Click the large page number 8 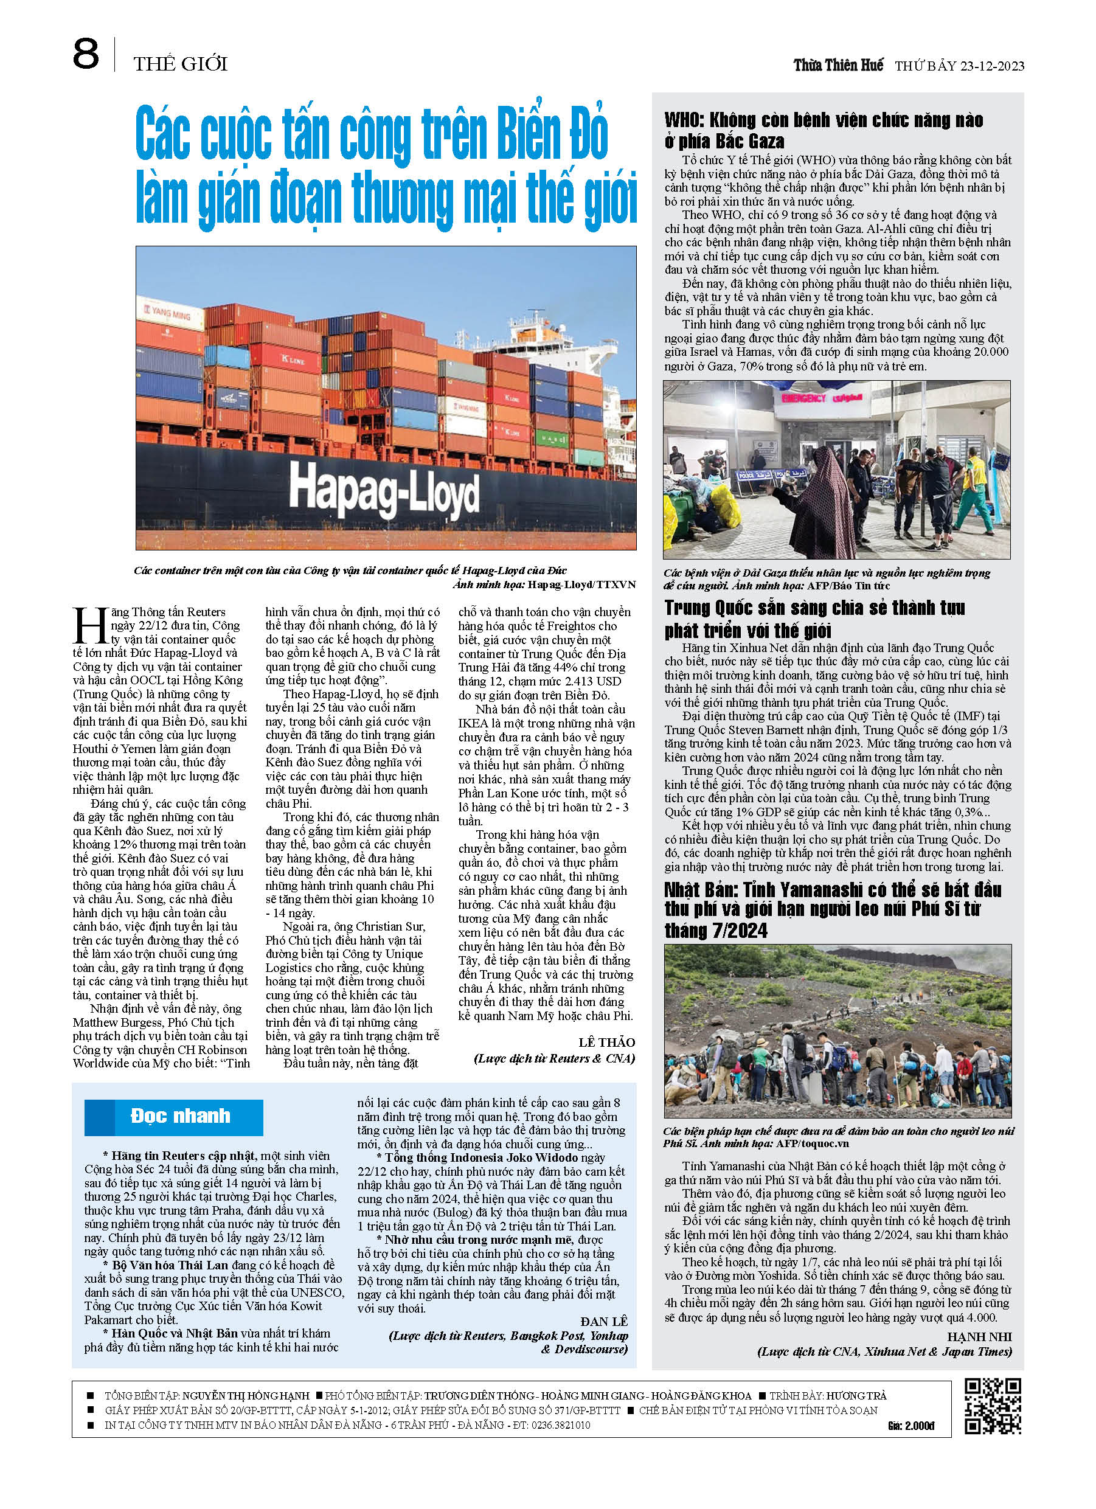pyautogui.click(x=86, y=55)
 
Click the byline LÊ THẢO pyautogui.click(x=606, y=1042)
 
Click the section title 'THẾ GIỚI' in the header pyautogui.click(x=181, y=64)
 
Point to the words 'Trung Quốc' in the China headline pyautogui.click(x=710, y=608)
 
